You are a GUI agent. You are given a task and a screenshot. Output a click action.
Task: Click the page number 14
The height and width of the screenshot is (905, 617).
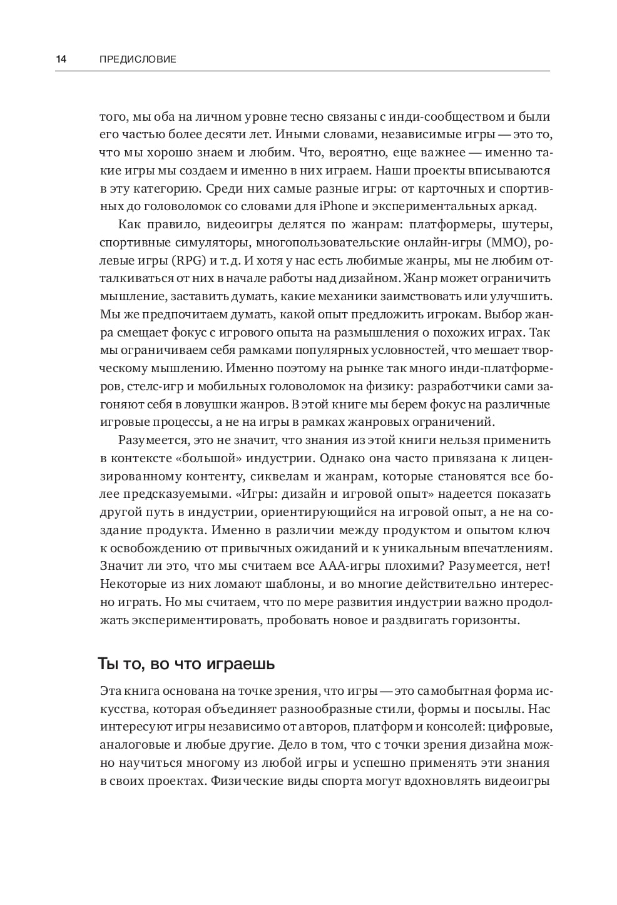pyautogui.click(x=61, y=59)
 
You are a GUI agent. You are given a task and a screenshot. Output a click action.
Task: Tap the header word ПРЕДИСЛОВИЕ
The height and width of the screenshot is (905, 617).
pyautogui.click(x=138, y=59)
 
